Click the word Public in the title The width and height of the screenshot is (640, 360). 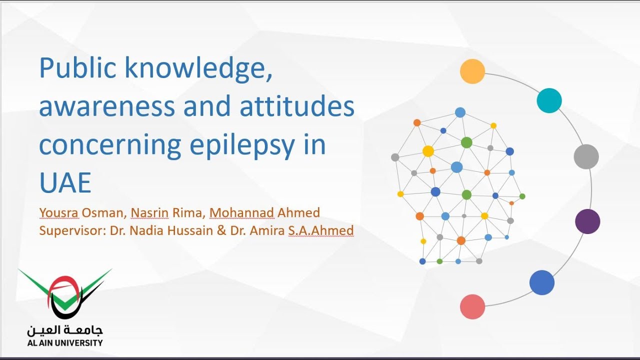coord(77,68)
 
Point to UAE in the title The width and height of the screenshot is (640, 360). coord(65,182)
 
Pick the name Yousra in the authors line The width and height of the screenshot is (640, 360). coord(59,213)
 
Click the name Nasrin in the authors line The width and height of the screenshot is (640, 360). coord(149,213)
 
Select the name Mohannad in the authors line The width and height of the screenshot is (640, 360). coord(241,213)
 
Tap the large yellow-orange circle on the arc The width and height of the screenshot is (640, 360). coord(472,71)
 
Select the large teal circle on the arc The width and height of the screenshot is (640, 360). coord(549,100)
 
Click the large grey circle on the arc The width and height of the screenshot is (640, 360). coord(586,156)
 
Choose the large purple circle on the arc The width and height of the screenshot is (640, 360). coord(587,221)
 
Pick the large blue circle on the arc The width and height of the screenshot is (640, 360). coord(542,282)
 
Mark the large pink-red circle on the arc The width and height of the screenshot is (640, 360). coord(472,306)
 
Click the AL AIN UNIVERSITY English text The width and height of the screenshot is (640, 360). coord(65,343)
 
